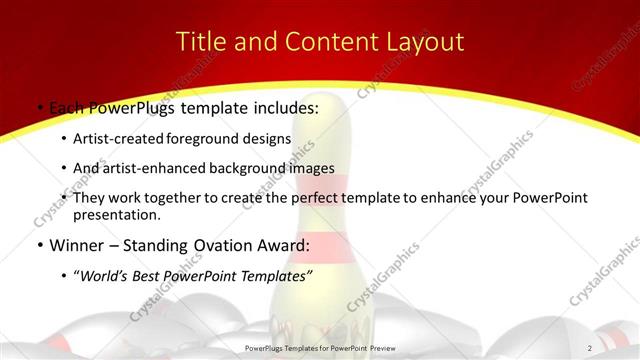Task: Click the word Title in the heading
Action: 199,42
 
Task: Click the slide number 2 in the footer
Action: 590,348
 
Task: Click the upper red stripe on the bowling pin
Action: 319,183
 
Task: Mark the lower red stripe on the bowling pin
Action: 319,245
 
